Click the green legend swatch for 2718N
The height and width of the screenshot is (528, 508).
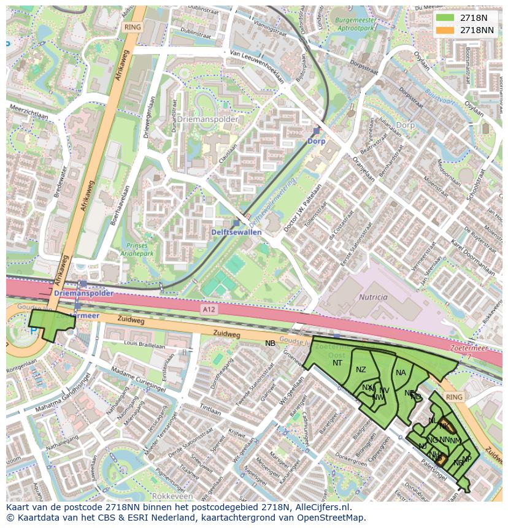[445, 18]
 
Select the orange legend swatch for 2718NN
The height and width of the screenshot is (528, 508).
[445, 30]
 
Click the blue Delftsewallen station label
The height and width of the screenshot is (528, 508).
[236, 232]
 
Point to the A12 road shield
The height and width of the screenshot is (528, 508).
[209, 310]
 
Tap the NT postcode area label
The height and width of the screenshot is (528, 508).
[337, 363]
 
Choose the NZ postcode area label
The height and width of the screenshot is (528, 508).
[361, 369]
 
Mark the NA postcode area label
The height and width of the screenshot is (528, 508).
[401, 373]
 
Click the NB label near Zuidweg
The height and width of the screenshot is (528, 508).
[270, 343]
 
